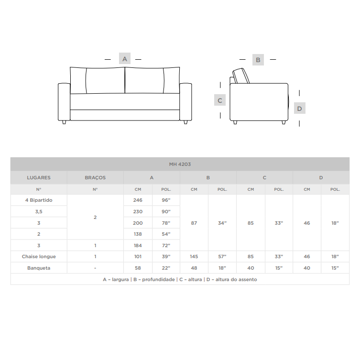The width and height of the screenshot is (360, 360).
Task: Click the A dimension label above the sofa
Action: point(125,58)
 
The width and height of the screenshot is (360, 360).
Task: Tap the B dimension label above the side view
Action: point(258,60)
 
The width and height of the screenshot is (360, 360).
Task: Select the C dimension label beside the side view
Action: point(220,100)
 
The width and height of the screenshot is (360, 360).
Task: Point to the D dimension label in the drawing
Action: point(299,108)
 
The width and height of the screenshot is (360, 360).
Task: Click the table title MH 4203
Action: point(180,164)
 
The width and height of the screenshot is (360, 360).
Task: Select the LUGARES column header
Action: point(39,177)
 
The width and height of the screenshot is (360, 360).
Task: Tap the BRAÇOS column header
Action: point(95,177)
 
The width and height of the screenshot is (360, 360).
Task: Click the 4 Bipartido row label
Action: point(39,200)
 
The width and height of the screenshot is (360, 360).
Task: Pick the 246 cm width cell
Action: point(138,200)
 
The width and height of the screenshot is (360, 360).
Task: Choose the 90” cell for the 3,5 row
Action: point(166,211)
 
